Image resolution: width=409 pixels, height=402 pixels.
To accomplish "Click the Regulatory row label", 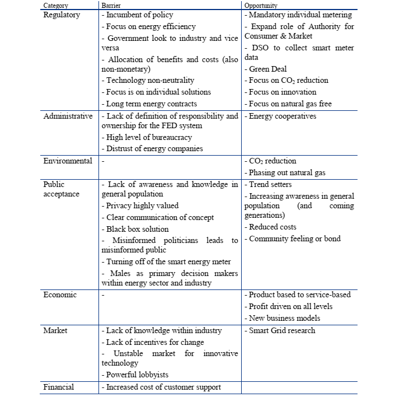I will (x=62, y=15).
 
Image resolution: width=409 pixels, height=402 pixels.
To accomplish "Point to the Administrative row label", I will (x=68, y=116).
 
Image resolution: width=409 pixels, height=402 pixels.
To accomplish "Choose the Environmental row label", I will (x=68, y=161).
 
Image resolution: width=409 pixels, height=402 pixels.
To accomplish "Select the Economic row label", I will (x=60, y=295).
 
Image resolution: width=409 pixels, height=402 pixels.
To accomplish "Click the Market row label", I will (x=55, y=330).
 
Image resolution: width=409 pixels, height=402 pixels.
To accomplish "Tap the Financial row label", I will (x=59, y=386).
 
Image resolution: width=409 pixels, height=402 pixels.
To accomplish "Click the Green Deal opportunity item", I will (x=267, y=69).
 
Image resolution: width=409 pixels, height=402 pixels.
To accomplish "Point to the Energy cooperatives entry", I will (x=282, y=116).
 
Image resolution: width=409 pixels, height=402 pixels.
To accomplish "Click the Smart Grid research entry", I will (x=281, y=330).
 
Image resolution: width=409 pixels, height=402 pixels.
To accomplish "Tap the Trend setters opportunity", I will (x=270, y=184).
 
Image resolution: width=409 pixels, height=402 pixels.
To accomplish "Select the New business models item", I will (x=284, y=318).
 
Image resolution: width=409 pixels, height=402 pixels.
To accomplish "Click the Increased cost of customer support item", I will (x=161, y=387).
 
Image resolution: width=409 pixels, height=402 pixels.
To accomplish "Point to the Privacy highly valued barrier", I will (x=140, y=206).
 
